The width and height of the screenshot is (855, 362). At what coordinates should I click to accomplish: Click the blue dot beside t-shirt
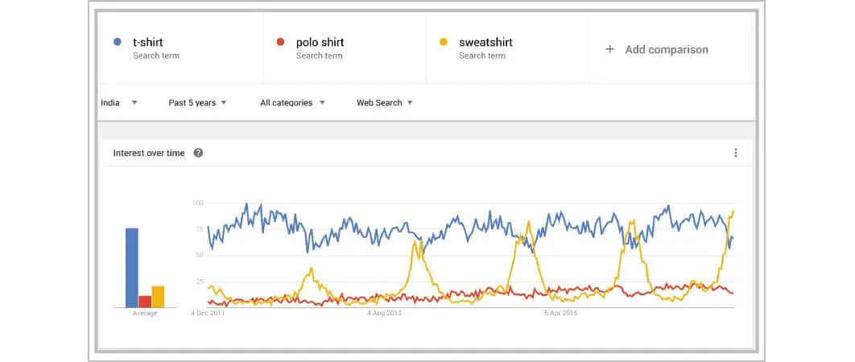[x=118, y=42]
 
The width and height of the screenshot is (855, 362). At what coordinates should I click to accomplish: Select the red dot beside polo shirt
[x=280, y=42]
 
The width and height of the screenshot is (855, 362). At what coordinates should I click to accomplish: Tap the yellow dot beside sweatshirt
[x=443, y=42]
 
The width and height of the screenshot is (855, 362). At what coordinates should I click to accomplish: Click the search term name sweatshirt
[x=485, y=42]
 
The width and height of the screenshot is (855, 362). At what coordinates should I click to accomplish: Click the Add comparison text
[x=667, y=50]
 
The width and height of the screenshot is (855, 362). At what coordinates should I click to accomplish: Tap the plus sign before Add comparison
[x=609, y=50]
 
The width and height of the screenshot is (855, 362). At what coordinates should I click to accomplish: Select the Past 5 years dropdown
[x=197, y=103]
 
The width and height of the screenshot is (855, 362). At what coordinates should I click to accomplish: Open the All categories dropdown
[x=292, y=103]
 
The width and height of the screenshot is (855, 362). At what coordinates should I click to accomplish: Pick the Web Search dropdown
[x=385, y=103]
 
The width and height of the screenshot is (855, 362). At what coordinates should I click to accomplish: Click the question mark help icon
[x=198, y=153]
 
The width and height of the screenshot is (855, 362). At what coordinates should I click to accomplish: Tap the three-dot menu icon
[x=735, y=153]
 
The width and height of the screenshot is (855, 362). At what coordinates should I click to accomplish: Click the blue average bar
[x=131, y=268]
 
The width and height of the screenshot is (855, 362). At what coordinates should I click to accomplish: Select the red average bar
[x=145, y=301]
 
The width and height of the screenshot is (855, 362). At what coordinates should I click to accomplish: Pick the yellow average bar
[x=158, y=296]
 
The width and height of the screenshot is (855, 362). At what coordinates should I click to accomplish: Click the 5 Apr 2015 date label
[x=561, y=313]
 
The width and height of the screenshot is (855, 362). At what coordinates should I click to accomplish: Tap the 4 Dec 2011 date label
[x=209, y=313]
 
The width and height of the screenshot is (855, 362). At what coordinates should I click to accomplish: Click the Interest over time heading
[x=149, y=153]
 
